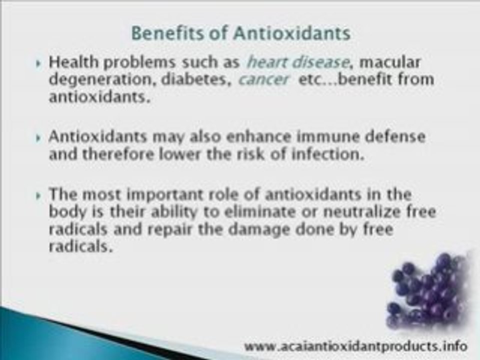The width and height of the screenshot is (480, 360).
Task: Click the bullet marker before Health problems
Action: coord(40,64)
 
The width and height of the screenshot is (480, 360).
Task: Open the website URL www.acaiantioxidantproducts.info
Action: coord(356,345)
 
